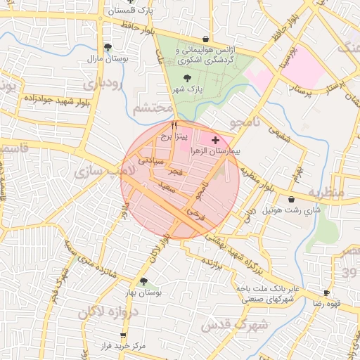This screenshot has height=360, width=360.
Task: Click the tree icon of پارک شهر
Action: click(188, 79)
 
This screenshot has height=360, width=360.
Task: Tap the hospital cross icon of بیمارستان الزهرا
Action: click(215, 141)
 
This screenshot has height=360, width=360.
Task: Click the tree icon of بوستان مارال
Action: click(107, 48)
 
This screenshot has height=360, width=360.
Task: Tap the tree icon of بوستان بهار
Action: click(144, 281)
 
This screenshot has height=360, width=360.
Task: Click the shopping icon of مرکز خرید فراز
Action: click(124, 335)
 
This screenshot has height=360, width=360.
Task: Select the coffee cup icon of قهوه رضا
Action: click(326, 292)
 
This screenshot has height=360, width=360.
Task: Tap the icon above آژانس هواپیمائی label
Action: click(205, 39)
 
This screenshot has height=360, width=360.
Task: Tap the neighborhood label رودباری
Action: click(103, 82)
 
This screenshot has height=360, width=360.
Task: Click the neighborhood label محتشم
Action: click(151, 108)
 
